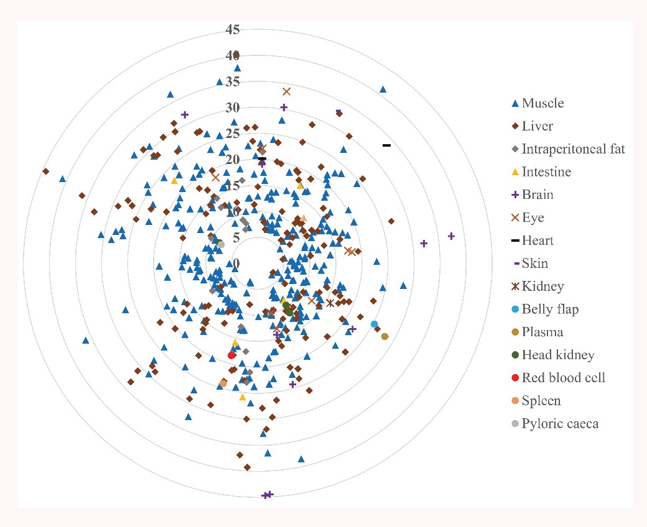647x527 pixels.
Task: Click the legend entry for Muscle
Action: click(x=543, y=103)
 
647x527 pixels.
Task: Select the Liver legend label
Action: click(x=538, y=126)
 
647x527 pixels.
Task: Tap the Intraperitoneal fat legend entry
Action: click(x=573, y=149)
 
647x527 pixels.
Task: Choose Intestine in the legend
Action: click(x=546, y=172)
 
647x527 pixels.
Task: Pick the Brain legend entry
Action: click(x=538, y=195)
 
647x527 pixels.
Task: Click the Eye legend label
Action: click(x=533, y=218)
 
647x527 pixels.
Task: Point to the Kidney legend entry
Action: click(x=543, y=286)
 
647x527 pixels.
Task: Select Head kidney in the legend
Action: click(x=558, y=355)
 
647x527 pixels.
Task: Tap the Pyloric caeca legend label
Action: click(x=560, y=424)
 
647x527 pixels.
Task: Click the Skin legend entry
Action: click(x=535, y=263)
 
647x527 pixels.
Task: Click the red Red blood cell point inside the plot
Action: click(x=232, y=355)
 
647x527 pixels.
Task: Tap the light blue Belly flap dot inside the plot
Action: click(x=374, y=324)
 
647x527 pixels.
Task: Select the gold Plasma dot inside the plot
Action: click(x=384, y=336)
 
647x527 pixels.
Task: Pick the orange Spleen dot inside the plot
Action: click(x=223, y=383)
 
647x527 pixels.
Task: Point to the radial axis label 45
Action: click(x=233, y=29)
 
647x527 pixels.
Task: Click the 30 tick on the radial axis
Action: click(x=233, y=108)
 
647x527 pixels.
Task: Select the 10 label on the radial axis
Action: click(x=233, y=212)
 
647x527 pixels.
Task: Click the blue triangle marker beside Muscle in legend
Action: click(x=514, y=103)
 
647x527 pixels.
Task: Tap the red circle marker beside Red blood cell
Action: click(x=514, y=378)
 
